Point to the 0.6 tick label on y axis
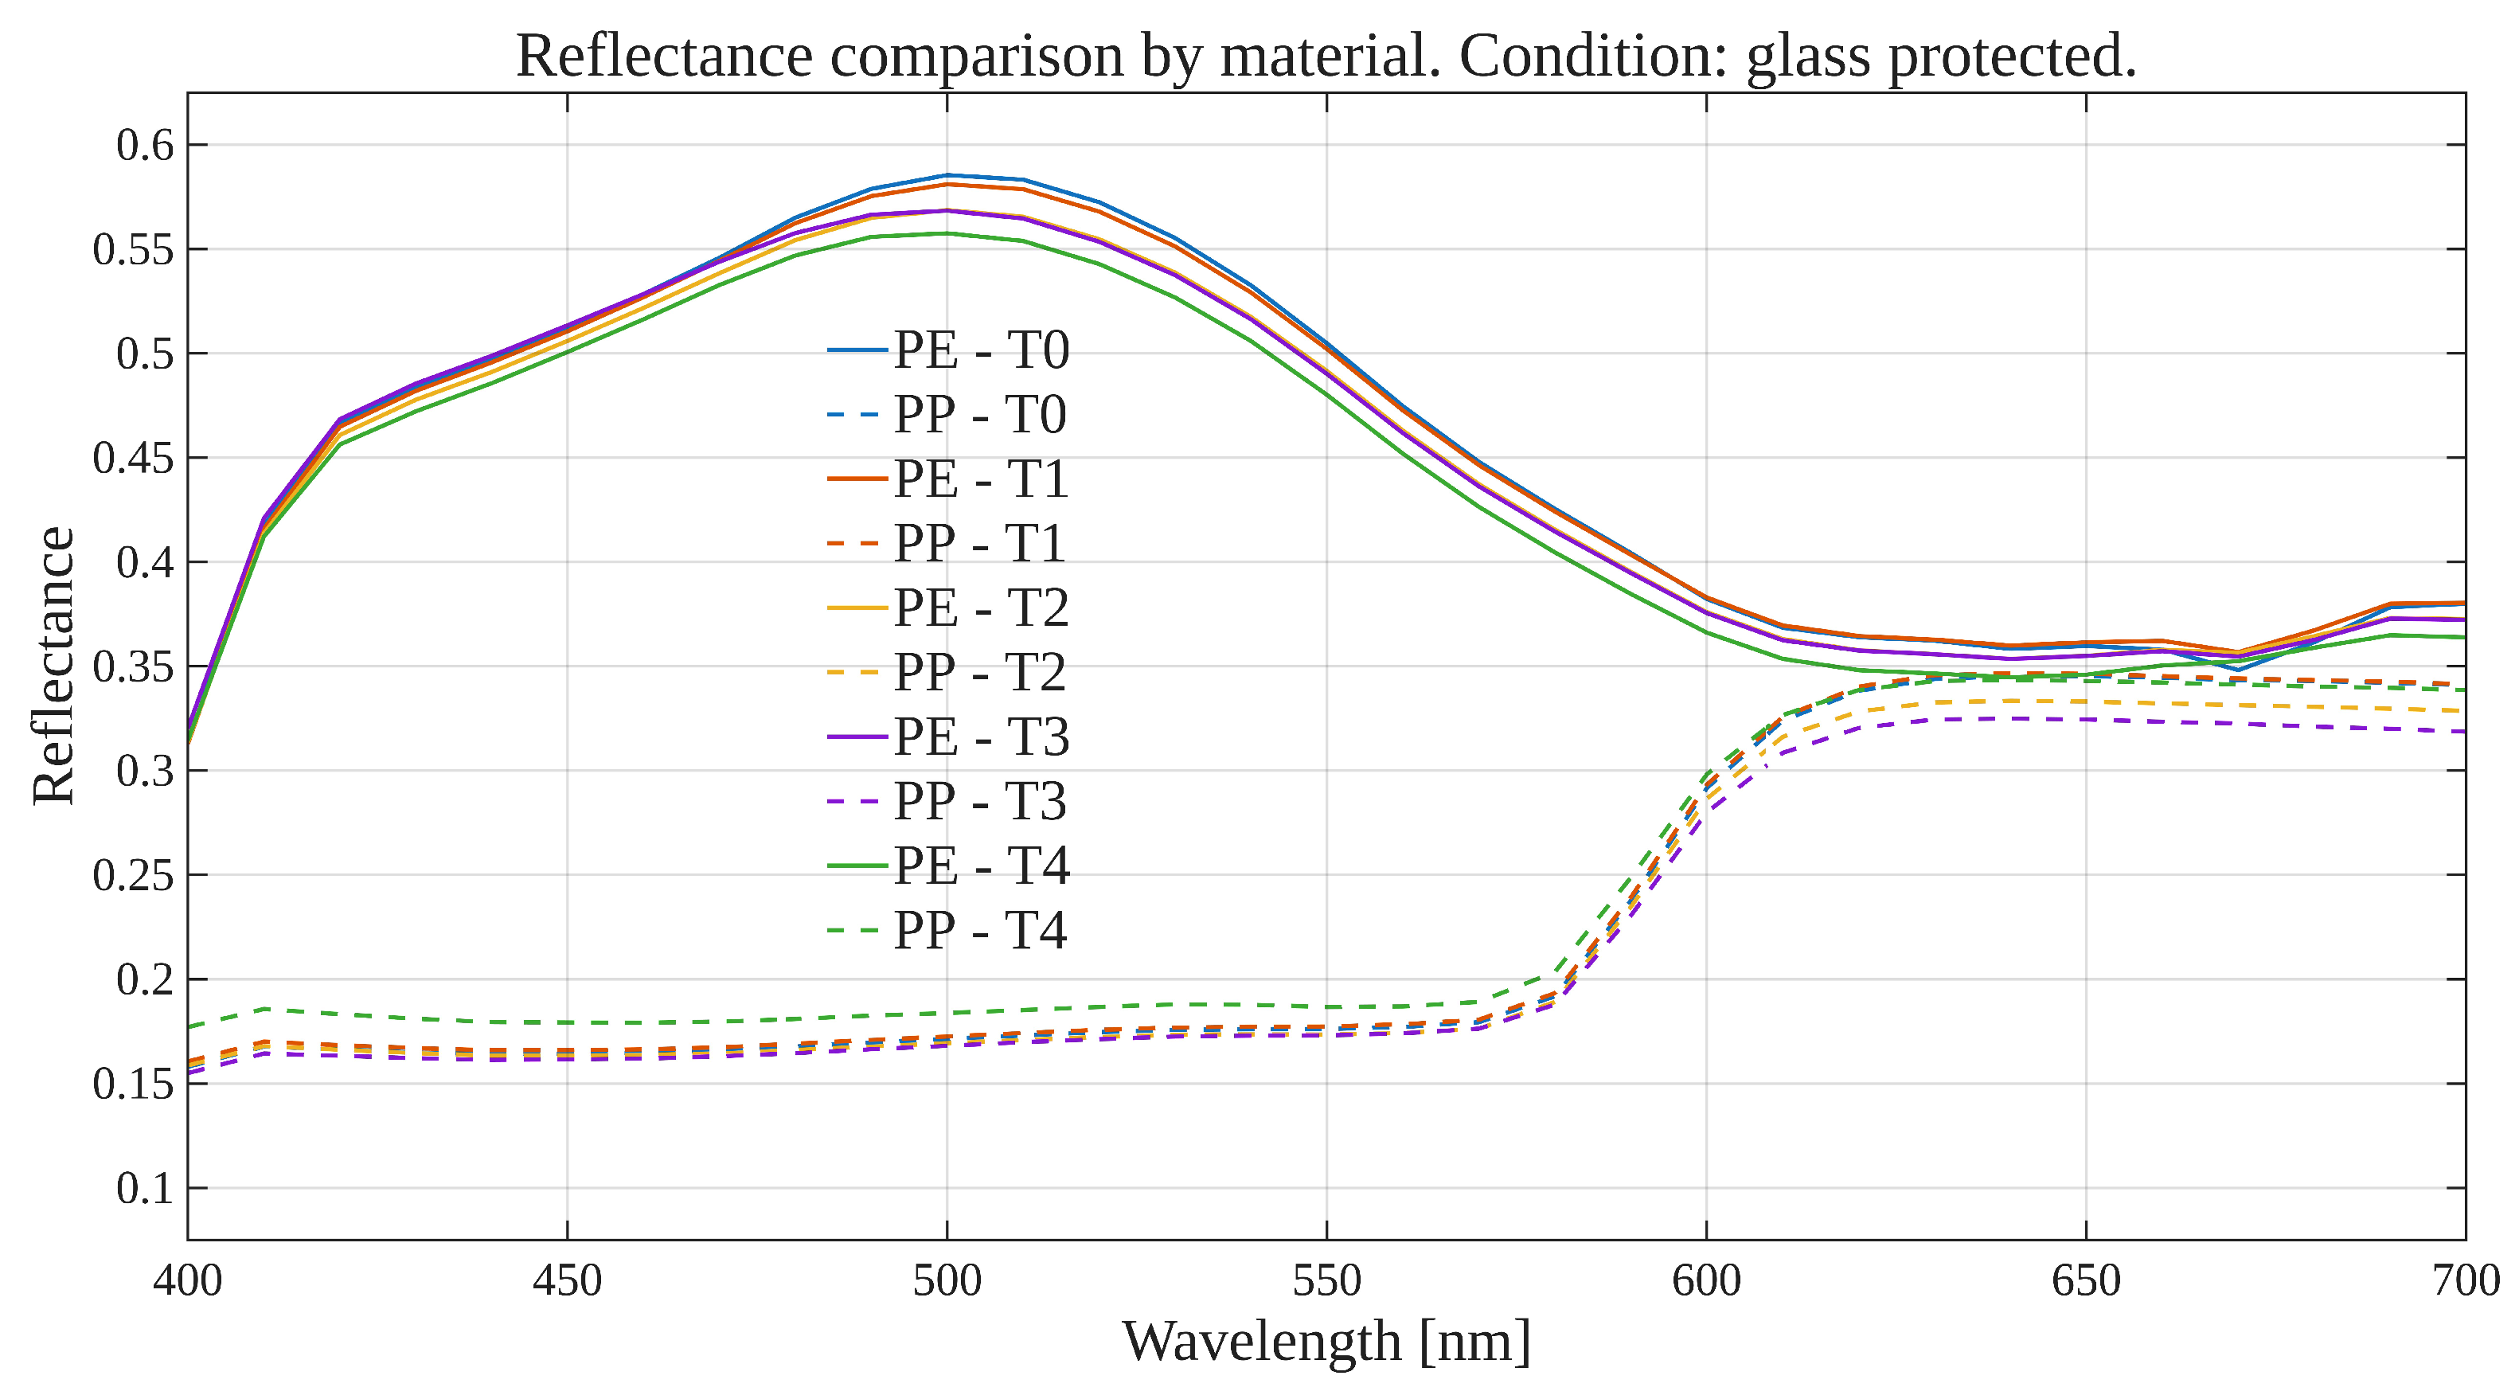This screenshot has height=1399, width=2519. [144, 145]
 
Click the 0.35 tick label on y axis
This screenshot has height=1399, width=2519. [132, 666]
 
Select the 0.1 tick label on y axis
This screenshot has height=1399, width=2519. [144, 1189]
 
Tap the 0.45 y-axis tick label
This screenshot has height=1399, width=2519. [132, 458]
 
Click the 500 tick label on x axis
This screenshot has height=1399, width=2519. [947, 1280]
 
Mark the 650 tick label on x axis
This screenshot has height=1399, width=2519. [2086, 1280]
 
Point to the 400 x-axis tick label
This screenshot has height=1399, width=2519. [188, 1280]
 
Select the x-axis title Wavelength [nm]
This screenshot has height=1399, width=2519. [1326, 1342]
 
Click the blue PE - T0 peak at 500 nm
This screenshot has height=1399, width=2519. [947, 175]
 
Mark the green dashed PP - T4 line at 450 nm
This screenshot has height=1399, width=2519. [567, 1022]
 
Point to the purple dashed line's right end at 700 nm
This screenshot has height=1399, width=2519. [2462, 731]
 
